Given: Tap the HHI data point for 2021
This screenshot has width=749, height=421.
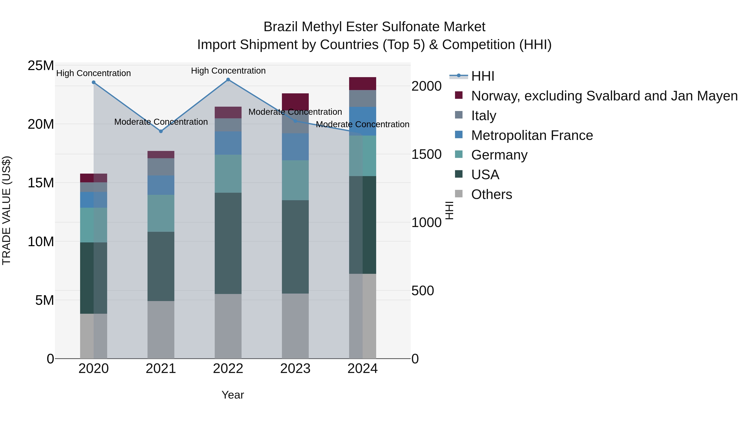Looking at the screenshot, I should point(161,131).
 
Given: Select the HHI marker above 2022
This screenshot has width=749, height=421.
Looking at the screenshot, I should point(228,80).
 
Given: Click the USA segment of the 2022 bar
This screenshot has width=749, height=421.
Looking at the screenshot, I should point(228,243).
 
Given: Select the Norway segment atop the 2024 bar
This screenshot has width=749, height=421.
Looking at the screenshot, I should point(363,84).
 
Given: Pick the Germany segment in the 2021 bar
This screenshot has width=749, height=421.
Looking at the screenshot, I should point(161,213).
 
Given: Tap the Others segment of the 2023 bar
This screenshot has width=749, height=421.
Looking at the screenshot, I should point(295,326).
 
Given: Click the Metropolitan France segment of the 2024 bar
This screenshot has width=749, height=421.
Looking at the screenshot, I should point(363,121).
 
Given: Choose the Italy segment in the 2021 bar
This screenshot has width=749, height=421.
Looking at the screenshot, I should point(161,167).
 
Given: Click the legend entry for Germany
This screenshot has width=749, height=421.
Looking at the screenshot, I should point(499,155).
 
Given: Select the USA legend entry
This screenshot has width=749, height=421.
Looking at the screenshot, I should point(485,175).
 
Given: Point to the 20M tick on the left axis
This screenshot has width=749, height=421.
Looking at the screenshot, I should point(41,124).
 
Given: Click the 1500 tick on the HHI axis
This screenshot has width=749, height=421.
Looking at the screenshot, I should point(426,154).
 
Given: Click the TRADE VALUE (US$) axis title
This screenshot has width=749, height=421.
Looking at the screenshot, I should point(7,211).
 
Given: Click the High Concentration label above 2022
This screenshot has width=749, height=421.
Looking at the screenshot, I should point(228,71).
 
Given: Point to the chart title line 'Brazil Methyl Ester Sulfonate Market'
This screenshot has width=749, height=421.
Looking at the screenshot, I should point(374,27).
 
